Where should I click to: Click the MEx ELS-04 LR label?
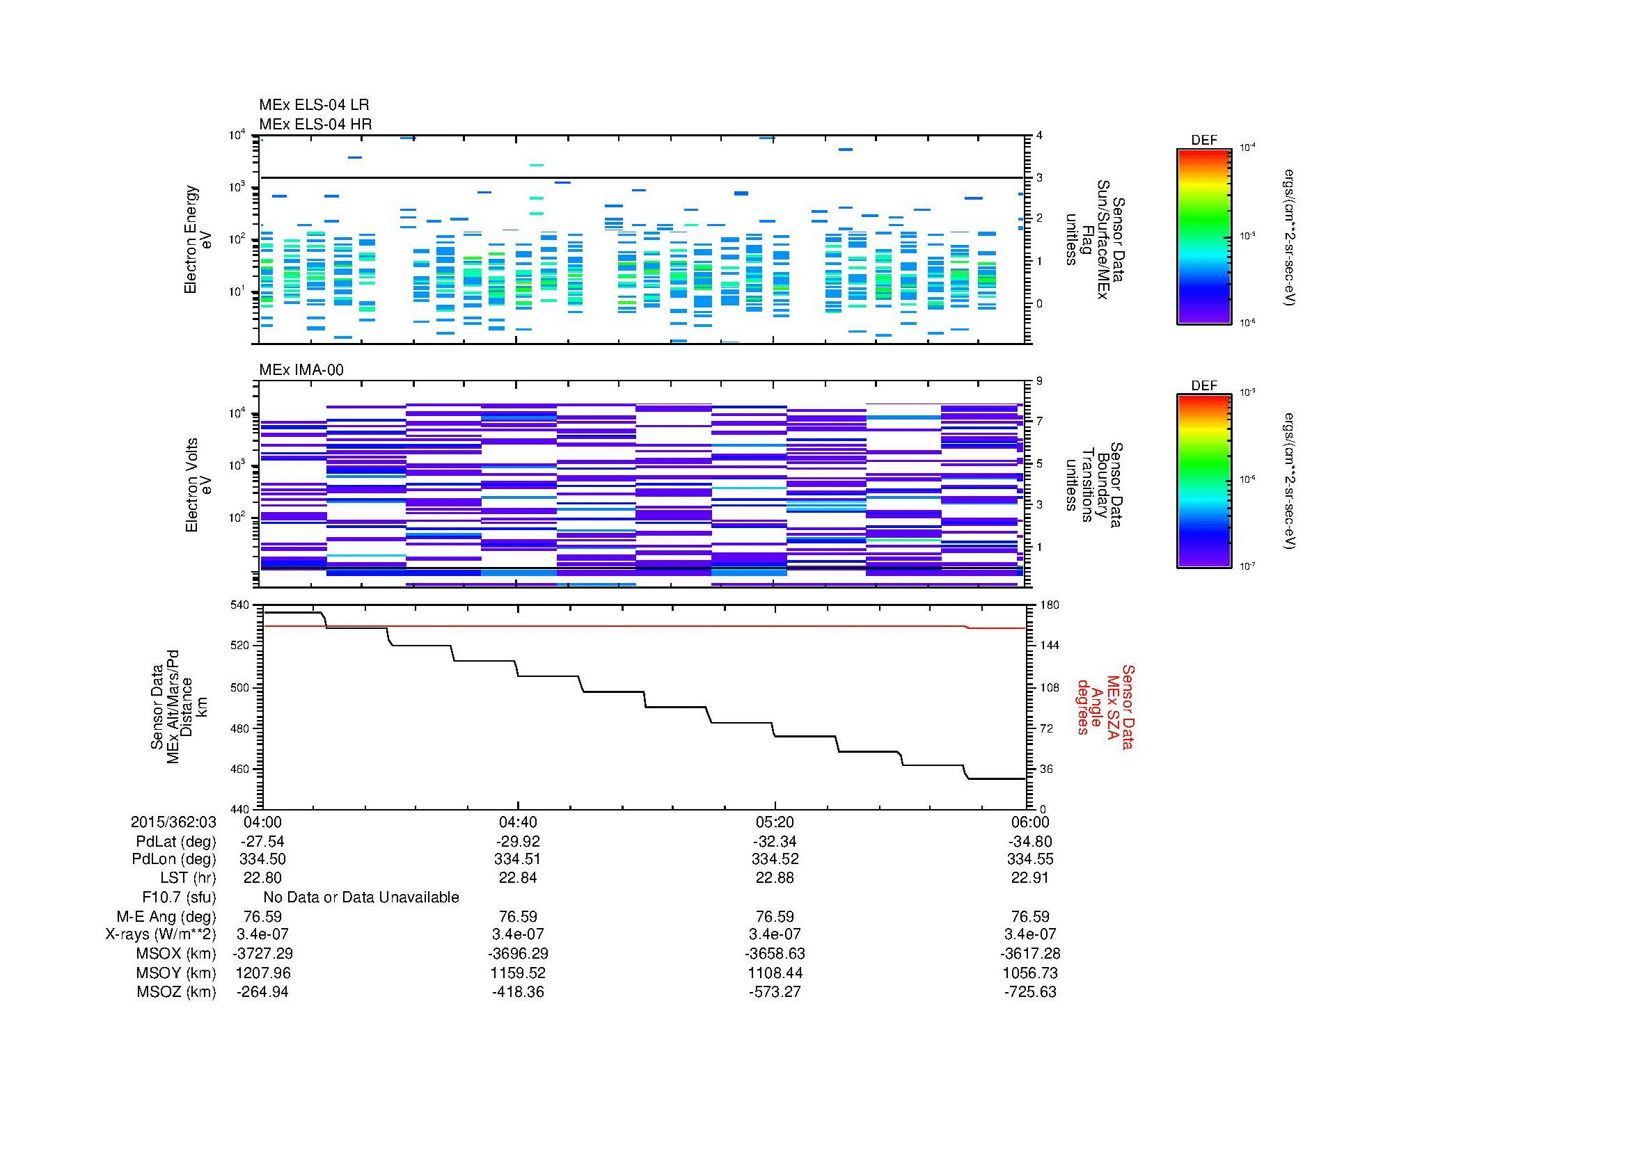click(x=313, y=105)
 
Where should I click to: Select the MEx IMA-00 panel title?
click(x=301, y=370)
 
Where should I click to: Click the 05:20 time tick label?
click(x=774, y=822)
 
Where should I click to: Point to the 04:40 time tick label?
click(x=518, y=822)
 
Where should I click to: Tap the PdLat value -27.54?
click(x=262, y=842)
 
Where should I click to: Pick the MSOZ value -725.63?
click(x=1029, y=992)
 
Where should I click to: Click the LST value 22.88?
click(x=774, y=878)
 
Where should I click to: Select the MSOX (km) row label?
click(x=176, y=954)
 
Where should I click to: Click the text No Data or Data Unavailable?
click(x=361, y=897)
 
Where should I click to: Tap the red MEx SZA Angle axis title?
click(x=1104, y=706)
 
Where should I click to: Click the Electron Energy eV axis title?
click(x=198, y=239)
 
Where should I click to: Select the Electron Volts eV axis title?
click(x=198, y=485)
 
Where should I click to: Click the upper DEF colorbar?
click(x=1203, y=236)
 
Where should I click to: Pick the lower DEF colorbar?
click(x=1203, y=481)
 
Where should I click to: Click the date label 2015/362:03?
click(x=173, y=822)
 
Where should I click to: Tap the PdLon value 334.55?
click(x=1029, y=859)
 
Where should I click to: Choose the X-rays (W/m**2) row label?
click(x=160, y=934)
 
